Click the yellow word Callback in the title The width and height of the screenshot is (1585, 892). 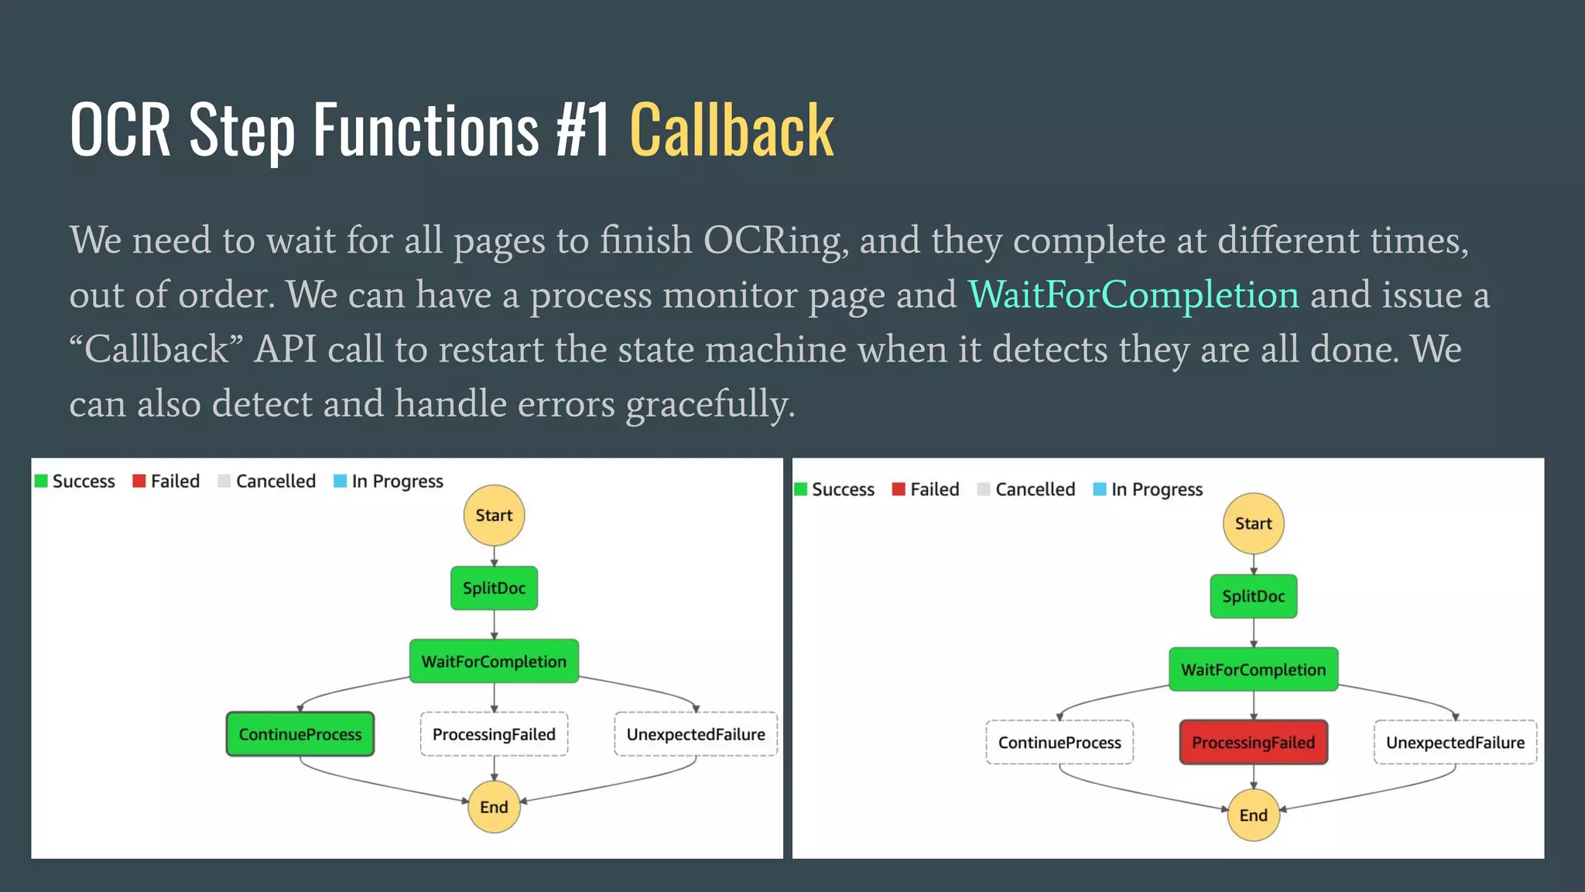(731, 130)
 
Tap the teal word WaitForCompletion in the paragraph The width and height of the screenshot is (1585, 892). (1133, 295)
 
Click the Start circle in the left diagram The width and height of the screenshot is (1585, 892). (494, 515)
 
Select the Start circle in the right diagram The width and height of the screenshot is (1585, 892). (1253, 523)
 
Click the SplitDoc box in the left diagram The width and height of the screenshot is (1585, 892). (494, 588)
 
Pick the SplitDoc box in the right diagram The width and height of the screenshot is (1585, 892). (1253, 596)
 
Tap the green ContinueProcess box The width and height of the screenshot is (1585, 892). (300, 734)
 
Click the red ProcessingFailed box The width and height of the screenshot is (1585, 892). (1253, 743)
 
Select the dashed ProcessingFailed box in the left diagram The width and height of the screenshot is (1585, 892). (494, 734)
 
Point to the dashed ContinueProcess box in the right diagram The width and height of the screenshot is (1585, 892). (1060, 743)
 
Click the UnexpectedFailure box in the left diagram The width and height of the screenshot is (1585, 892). (696, 734)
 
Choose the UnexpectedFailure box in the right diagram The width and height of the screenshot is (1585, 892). (1455, 743)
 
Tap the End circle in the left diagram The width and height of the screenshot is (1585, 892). (494, 807)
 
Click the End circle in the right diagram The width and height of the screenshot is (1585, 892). (1253, 815)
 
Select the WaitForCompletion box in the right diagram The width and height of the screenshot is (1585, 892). (1253, 670)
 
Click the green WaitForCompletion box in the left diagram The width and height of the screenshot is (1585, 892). (494, 661)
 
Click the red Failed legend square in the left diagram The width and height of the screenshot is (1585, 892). (139, 481)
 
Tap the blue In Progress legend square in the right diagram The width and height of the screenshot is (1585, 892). (1099, 489)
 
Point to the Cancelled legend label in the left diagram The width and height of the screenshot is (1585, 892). (276, 481)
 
